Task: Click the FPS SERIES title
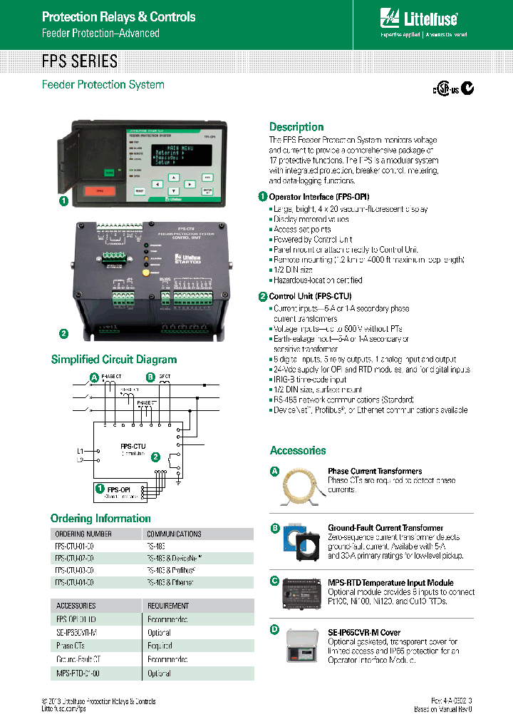pos(80,61)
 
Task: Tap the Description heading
pos(296,127)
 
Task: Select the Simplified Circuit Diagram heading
pos(114,360)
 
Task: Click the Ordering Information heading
pos(100,519)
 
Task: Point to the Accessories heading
pos(298,451)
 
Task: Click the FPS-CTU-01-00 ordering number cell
pos(74,546)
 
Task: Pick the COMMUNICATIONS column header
pos(174,534)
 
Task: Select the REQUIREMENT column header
pos(168,606)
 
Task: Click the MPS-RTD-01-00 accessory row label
pos(78,673)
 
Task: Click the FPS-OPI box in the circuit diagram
pos(118,490)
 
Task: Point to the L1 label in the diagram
pos(80,451)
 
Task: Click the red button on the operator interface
pos(100,190)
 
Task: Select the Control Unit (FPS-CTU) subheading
pos(310,296)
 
